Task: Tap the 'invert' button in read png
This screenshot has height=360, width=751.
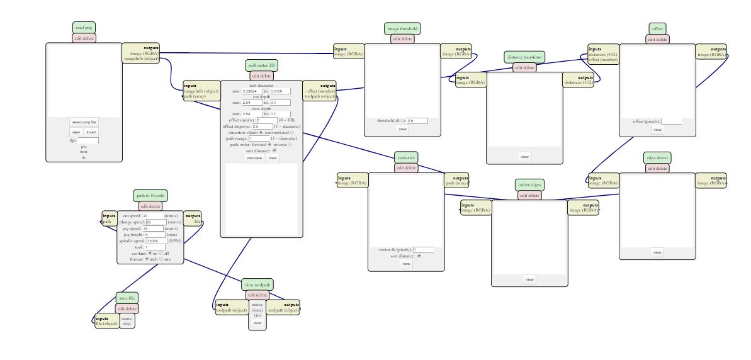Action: coord(91,132)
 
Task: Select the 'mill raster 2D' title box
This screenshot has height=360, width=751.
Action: coord(261,65)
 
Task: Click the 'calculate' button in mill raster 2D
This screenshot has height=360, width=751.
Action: coord(254,158)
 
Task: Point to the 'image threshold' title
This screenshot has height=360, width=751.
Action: coord(402,28)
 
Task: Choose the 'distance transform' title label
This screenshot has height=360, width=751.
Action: coord(524,57)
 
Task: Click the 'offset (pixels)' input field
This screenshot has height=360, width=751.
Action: coord(671,121)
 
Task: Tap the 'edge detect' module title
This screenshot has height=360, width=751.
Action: coord(657,158)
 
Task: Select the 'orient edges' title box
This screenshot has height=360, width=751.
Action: coord(529,185)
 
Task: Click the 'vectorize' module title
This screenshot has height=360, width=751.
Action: coord(406,157)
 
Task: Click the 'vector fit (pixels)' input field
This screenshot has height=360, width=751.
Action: coord(423,250)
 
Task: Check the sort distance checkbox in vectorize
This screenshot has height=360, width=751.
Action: coord(419,256)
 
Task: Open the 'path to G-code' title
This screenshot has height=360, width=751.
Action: coord(150,196)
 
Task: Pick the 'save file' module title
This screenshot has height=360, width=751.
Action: coord(127,298)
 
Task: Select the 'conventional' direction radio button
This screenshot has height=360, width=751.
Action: coord(292,133)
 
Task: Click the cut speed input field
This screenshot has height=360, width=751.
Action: coord(154,215)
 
